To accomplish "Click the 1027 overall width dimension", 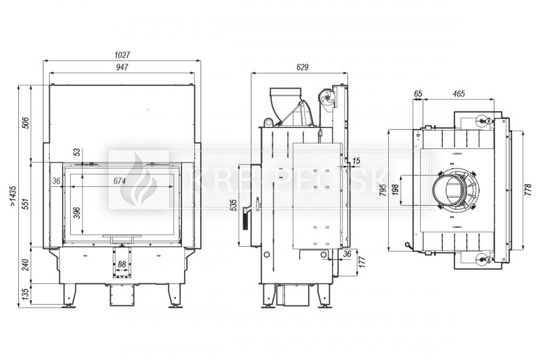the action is [x=122, y=55].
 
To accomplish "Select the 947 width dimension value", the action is [x=122, y=67].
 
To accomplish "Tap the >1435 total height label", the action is [x=13, y=196].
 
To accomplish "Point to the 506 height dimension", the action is [x=25, y=123].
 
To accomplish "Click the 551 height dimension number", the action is [x=25, y=203].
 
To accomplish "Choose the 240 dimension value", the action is [x=25, y=264].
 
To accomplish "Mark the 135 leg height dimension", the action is [x=25, y=295].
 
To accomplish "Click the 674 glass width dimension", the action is [x=119, y=181].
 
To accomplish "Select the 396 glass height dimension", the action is [x=77, y=213].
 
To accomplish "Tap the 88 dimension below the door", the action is [x=122, y=264].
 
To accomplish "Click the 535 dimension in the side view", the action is [x=234, y=206].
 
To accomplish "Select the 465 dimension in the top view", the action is [x=458, y=93].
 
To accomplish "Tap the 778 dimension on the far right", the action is [x=528, y=190].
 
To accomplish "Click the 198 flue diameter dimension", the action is [x=395, y=191].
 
